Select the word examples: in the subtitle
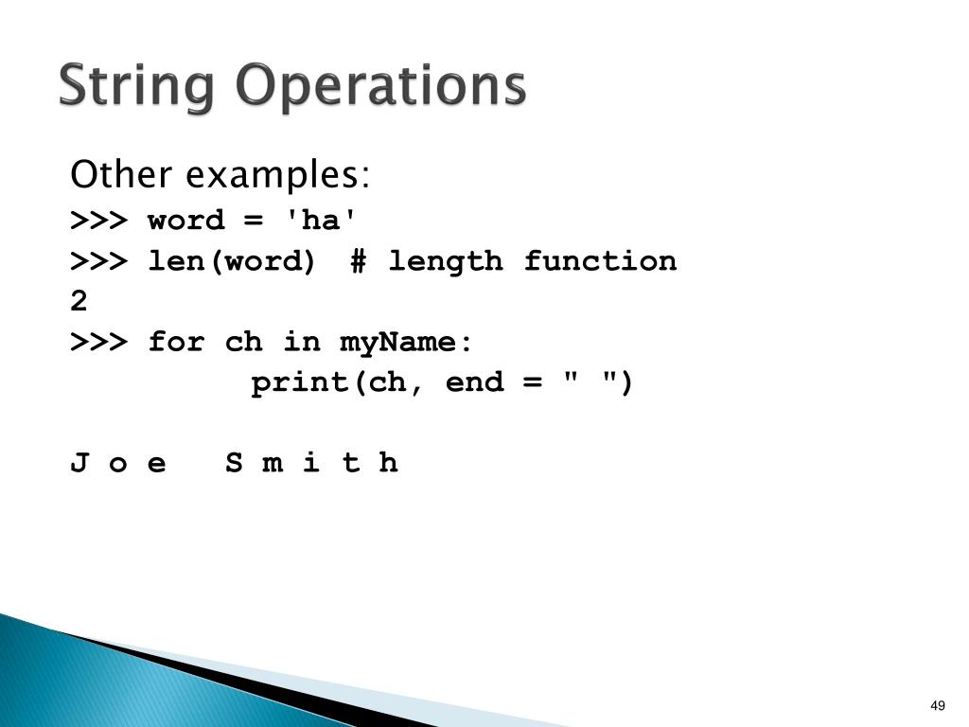[x=277, y=177]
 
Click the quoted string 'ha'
[x=323, y=221]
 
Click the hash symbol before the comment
[x=358, y=261]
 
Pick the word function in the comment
[x=600, y=261]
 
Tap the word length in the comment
[x=445, y=261]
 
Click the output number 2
[x=79, y=302]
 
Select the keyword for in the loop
[x=176, y=342]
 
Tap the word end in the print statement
[x=474, y=383]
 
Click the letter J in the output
[x=79, y=464]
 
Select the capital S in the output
[x=234, y=464]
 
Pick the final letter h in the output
[x=388, y=464]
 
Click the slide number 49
[x=938, y=705]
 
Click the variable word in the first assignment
[x=186, y=222]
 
